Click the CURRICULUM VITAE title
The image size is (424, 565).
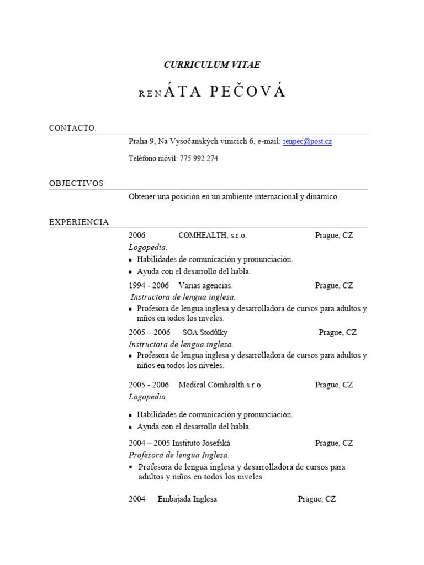[x=212, y=65]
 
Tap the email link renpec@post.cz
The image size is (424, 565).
[x=308, y=142]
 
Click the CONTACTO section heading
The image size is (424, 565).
[x=72, y=128]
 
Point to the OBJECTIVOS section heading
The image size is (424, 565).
[x=76, y=183]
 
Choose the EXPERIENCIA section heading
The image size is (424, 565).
[x=79, y=222]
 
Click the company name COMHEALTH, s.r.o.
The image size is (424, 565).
[x=213, y=236]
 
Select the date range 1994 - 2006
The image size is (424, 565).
[x=149, y=286]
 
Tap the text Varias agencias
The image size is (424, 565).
[x=205, y=286]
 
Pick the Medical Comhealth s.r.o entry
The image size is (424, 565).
[x=219, y=385]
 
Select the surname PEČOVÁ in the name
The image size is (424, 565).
[x=248, y=92]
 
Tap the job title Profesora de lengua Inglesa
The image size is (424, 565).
[x=178, y=455]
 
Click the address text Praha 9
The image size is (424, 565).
[x=141, y=142]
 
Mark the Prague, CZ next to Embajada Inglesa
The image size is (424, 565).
[x=317, y=499]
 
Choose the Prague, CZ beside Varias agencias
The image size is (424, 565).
[x=334, y=286]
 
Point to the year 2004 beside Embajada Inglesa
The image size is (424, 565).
[x=137, y=499]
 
